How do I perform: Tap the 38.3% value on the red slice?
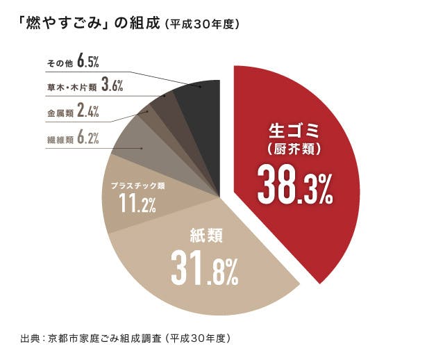[x=295, y=183]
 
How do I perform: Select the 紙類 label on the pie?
[x=206, y=236]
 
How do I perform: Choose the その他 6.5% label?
[x=73, y=63]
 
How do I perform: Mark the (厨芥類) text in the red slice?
[x=294, y=148]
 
